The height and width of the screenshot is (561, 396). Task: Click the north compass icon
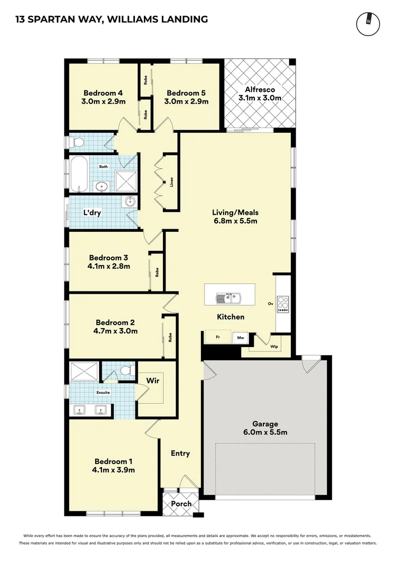click(x=368, y=22)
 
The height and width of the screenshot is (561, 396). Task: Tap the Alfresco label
click(x=260, y=89)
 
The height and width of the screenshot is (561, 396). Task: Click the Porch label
click(x=181, y=503)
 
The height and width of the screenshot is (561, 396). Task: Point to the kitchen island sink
click(x=230, y=298)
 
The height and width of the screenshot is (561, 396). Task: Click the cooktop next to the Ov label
click(x=283, y=304)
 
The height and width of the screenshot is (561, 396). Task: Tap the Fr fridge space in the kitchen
click(x=217, y=337)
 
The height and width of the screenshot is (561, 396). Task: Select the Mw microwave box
click(x=240, y=337)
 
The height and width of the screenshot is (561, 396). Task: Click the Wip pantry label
click(x=273, y=347)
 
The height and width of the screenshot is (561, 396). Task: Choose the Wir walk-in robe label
click(x=153, y=381)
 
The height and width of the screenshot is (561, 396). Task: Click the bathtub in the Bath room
click(x=80, y=174)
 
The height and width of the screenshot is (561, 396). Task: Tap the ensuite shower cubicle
click(x=84, y=372)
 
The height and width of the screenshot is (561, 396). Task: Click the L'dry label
click(x=92, y=213)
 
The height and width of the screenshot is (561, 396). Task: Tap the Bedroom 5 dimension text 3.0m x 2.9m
click(x=186, y=102)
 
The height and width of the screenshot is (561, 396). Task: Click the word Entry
click(x=180, y=453)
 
